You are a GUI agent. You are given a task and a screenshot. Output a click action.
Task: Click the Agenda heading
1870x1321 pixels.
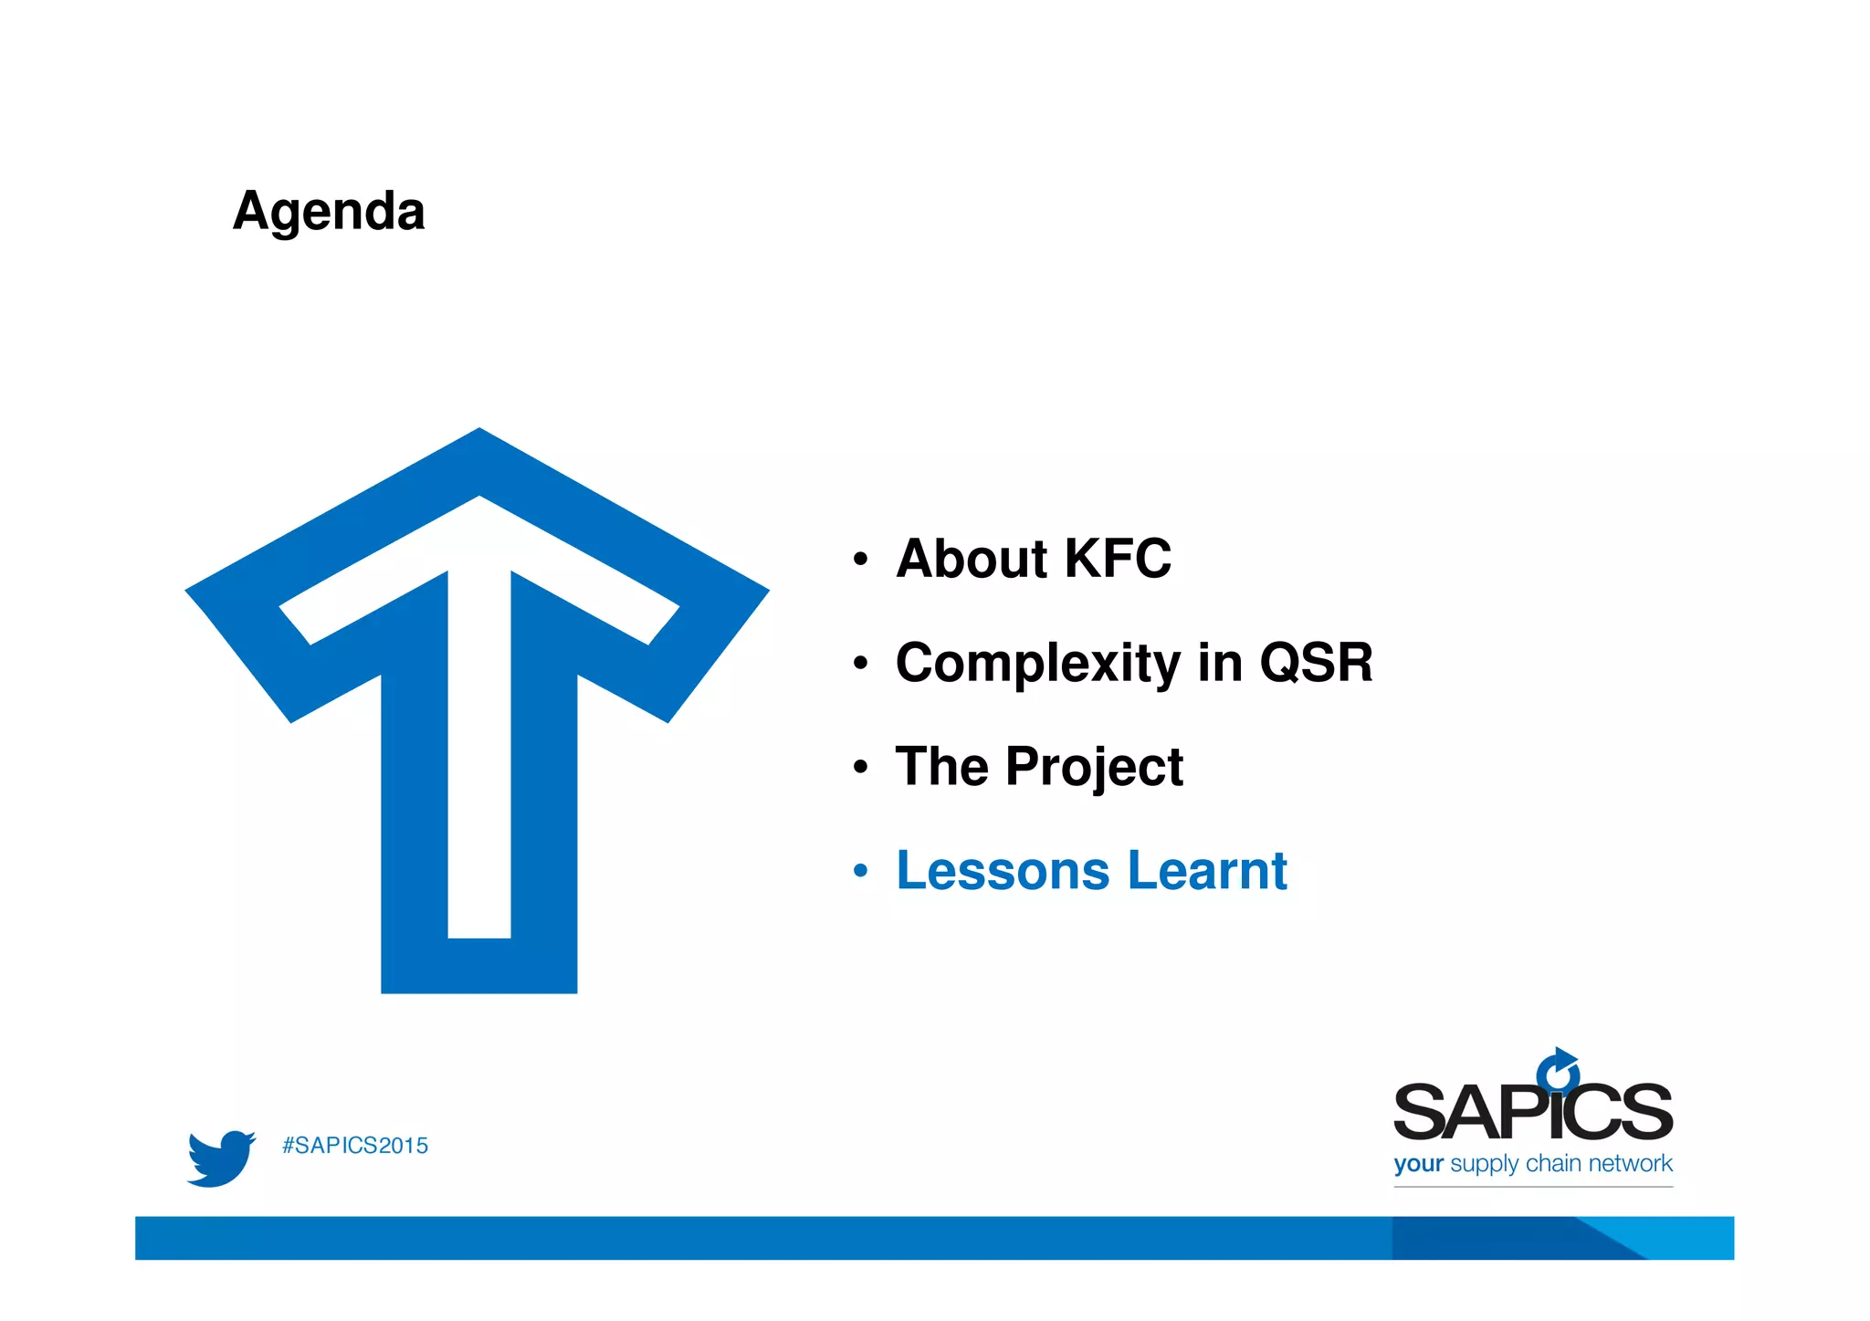329,212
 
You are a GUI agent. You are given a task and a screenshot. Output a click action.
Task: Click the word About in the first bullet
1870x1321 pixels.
970,559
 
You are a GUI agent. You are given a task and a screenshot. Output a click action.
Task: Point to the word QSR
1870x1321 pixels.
1316,663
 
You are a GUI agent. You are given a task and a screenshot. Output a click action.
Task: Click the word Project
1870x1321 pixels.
1094,767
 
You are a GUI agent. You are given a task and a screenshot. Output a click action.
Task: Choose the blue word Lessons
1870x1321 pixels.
1003,871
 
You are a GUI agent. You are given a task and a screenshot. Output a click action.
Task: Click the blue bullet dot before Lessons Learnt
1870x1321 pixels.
860,872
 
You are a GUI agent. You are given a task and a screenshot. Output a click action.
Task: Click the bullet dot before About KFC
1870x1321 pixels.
860,560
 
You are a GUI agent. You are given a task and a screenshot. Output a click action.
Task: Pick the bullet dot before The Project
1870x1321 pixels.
860,768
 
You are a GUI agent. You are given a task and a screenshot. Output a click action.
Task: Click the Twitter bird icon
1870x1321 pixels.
220,1158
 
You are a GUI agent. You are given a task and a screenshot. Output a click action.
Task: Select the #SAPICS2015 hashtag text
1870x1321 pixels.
355,1147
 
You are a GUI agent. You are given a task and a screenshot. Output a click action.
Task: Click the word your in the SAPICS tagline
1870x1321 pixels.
1418,1164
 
